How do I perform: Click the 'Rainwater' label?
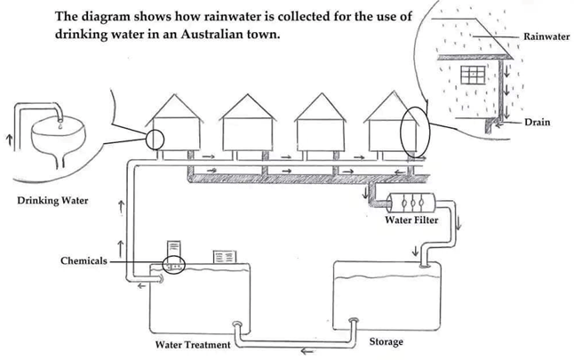click(x=546, y=36)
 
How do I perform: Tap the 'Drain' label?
click(x=538, y=121)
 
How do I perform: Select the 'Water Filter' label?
click(x=411, y=220)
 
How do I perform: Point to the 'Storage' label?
click(x=386, y=341)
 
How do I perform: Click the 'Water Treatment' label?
click(x=193, y=344)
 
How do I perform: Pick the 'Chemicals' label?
click(x=84, y=261)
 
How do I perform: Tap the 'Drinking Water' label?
click(x=52, y=200)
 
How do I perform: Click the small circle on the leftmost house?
click(x=155, y=139)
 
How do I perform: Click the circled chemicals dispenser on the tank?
click(x=174, y=265)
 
